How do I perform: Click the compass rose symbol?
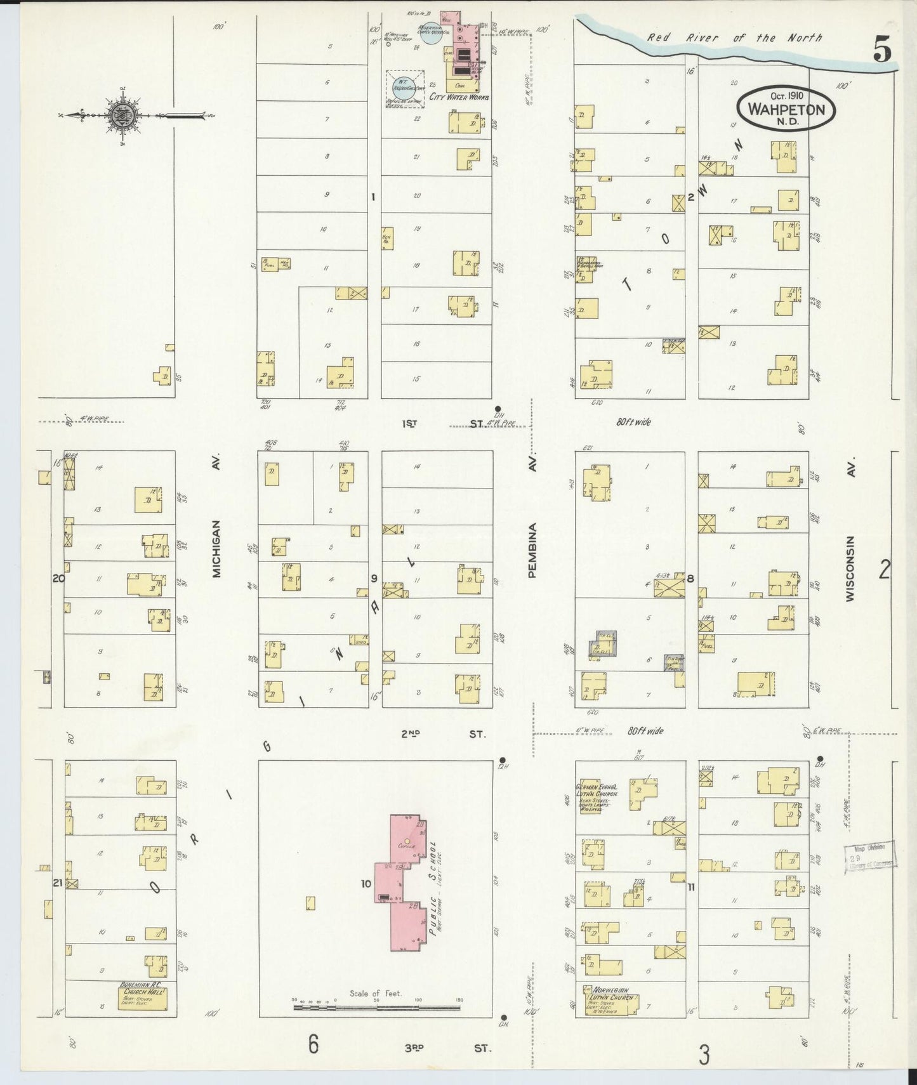point(121,115)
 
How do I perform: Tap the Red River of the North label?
point(734,38)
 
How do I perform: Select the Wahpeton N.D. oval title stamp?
point(786,109)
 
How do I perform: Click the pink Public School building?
point(401,882)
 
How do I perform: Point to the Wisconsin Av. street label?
point(850,568)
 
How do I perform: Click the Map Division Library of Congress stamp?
point(870,857)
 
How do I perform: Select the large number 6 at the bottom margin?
point(313,1044)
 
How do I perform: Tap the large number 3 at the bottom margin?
point(704,1056)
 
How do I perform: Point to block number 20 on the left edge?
point(58,578)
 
